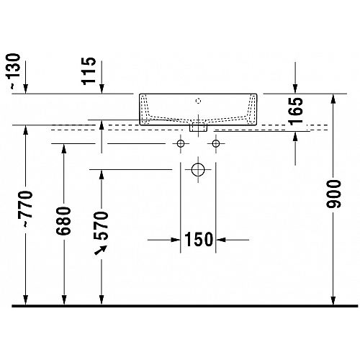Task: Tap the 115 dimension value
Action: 89,71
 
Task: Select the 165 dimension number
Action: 296,111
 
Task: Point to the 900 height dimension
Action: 333,194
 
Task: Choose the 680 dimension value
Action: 63,220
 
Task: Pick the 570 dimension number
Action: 102,225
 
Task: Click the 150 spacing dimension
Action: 199,239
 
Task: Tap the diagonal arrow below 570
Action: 101,250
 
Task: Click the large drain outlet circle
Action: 198,170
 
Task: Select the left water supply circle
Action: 181,144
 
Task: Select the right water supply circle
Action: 216,144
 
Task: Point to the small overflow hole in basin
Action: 198,101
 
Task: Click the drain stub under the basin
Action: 198,127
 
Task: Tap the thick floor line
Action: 185,306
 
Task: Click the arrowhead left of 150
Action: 176,240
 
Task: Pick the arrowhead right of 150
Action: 221,240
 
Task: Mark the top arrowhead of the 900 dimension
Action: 333,99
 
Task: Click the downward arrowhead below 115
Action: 102,89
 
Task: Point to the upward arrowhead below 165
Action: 295,136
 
